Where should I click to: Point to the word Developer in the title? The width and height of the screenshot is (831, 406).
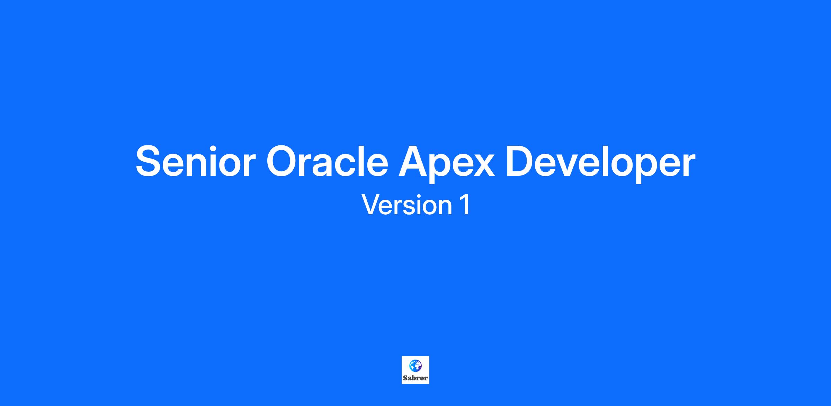600,162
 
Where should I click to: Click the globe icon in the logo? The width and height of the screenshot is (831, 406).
415,365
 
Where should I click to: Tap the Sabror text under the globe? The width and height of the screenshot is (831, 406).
415,378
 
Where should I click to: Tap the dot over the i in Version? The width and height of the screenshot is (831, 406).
416,196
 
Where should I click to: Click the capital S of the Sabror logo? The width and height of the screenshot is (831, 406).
405,378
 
